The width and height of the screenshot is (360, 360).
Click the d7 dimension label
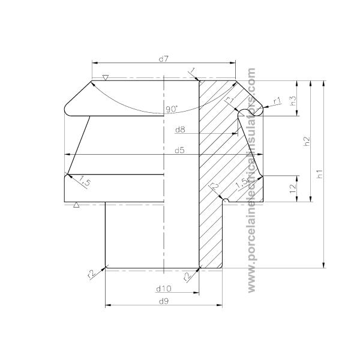163,58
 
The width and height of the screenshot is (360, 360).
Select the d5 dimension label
179,150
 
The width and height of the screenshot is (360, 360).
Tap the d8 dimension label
180,129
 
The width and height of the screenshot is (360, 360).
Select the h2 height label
307,141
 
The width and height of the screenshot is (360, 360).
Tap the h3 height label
293,100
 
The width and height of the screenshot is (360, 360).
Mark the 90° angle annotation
172,109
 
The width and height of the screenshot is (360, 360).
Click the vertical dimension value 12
293,188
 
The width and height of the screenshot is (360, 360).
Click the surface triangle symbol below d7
106,78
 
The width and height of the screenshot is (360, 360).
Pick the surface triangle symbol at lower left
76,205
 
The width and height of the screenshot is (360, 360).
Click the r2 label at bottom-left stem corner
91,274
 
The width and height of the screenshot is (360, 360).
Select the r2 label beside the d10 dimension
187,275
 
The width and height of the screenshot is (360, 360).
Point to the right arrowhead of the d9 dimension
220,306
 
